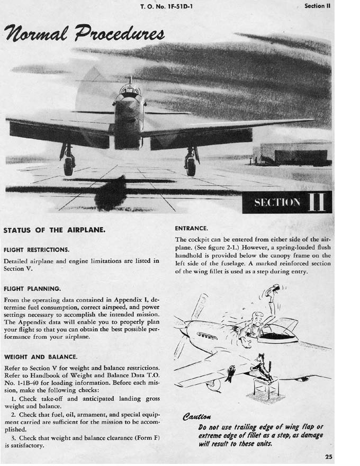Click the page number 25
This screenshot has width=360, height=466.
pyautogui.click(x=328, y=457)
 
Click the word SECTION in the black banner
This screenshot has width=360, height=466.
pyautogui.click(x=277, y=203)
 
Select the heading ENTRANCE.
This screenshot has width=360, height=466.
pyautogui.click(x=191, y=228)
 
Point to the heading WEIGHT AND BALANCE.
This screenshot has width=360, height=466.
pyautogui.click(x=40, y=357)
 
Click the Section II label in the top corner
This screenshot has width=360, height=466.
pyautogui.click(x=318, y=6)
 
